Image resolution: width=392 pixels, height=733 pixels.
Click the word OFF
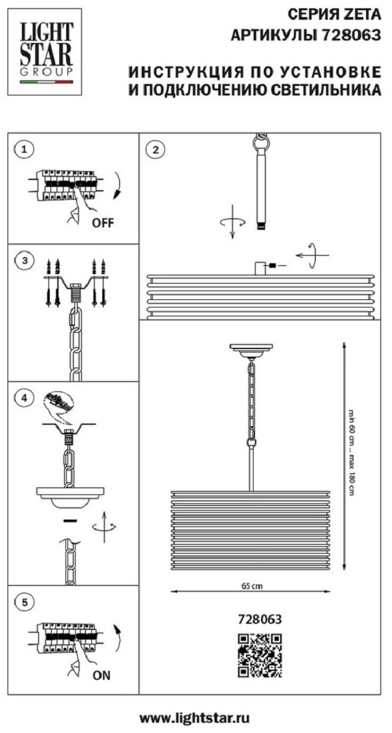point(102,222)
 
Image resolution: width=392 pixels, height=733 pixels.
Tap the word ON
point(102,675)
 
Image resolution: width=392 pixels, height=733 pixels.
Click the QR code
point(260,655)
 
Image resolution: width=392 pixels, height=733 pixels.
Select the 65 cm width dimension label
point(249,586)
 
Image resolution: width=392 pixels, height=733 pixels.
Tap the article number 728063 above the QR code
point(260,619)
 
